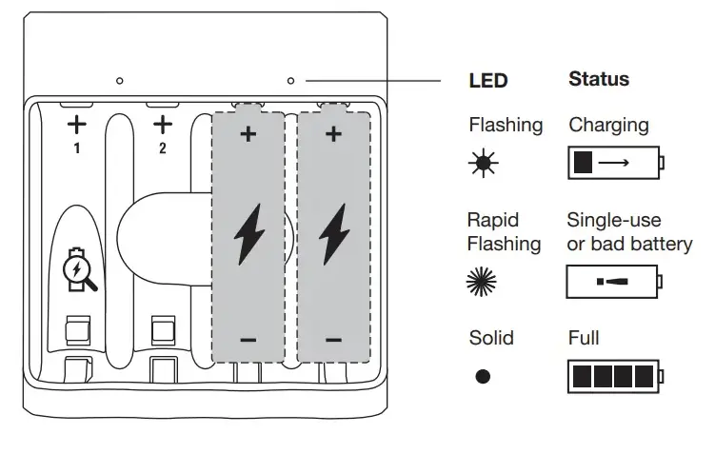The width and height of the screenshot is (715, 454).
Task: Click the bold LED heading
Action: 488,82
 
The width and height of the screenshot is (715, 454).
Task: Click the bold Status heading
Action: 598,80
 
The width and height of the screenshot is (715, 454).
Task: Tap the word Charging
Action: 608,125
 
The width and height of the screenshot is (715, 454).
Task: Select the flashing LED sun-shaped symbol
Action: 482,164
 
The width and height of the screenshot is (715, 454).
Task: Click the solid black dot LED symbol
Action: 483,376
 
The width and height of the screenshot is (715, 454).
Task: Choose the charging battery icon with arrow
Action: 614,163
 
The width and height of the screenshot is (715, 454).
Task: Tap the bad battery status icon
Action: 614,282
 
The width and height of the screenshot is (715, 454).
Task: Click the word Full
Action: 584,338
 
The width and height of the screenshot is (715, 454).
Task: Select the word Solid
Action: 491,338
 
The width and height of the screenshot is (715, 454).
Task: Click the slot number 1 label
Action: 76,149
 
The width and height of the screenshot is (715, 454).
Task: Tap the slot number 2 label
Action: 163,149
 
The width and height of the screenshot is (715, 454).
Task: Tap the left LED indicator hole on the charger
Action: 119,81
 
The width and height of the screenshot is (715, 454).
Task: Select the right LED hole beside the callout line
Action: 290,81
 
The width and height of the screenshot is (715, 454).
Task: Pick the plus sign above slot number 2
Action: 163,124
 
